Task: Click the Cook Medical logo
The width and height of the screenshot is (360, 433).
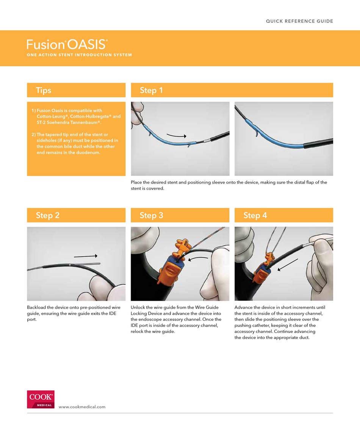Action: (41, 399)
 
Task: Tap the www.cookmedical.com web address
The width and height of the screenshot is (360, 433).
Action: (82, 407)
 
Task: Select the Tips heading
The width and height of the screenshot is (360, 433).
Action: (44, 90)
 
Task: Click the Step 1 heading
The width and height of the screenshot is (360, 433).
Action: (151, 90)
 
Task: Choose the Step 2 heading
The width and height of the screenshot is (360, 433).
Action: (47, 215)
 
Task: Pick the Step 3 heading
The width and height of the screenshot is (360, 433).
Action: (151, 215)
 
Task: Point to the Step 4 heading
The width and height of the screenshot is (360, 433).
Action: (255, 215)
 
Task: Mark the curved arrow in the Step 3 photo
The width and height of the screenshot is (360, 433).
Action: (199, 259)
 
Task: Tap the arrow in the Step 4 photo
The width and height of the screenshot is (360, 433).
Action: (288, 265)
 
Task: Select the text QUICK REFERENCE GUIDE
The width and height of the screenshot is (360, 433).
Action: (299, 21)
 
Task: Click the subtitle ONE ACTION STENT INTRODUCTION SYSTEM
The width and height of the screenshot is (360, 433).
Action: (79, 55)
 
